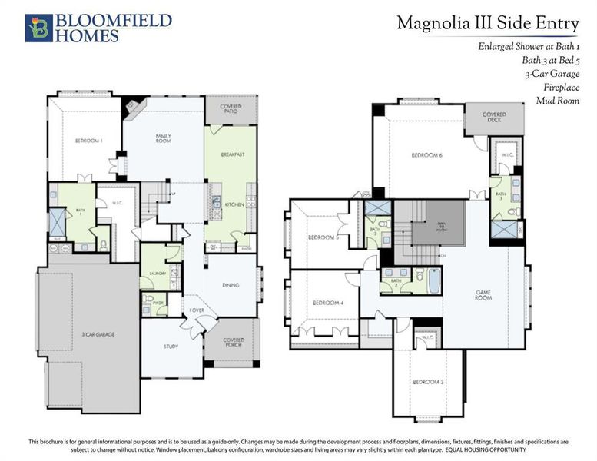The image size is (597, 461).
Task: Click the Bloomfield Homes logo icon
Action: pos(38,27)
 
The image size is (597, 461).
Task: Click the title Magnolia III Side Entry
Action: pos(488,23)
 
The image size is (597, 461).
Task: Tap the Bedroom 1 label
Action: pos(88,141)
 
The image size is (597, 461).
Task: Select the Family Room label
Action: pos(163,138)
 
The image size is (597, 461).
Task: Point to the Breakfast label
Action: pos(232,154)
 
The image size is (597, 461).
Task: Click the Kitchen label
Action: pos(234,204)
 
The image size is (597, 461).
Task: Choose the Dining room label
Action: pos(231,285)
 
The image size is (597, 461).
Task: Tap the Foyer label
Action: pos(197,310)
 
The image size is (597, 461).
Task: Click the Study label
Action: pos(171,346)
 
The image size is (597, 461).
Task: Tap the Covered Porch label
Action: pos(234,342)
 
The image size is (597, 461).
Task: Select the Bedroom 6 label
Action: pos(426,156)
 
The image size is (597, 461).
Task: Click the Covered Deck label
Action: pos(494,117)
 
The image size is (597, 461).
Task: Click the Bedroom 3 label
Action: pos(427,382)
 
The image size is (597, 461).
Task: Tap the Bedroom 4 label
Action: pos(327,303)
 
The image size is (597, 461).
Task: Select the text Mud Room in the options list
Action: pos(558,101)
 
